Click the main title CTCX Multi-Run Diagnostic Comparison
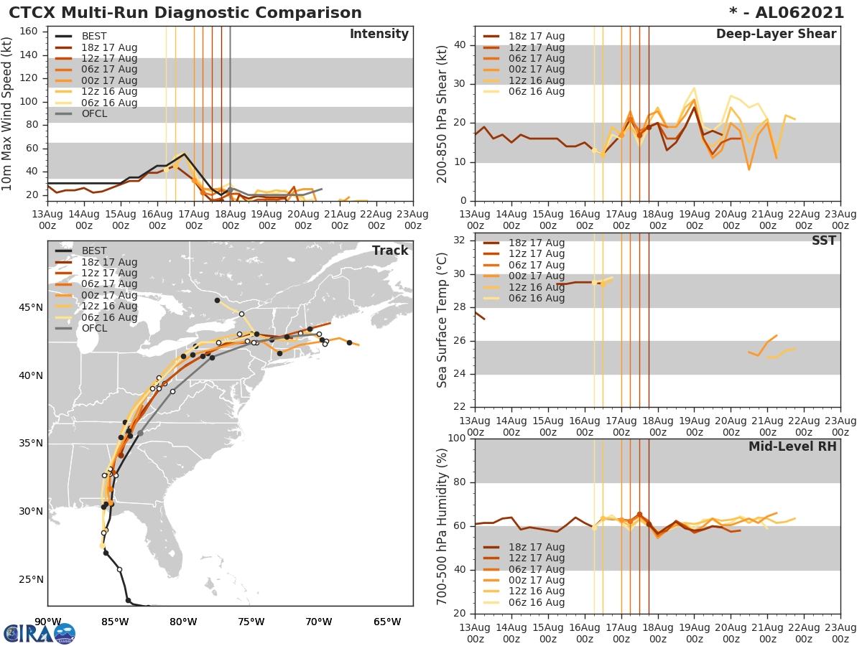(x=185, y=13)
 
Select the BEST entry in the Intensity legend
(x=94, y=37)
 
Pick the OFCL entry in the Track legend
(x=94, y=328)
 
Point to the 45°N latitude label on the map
(x=30, y=308)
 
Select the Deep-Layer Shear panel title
(x=776, y=34)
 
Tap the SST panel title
(x=823, y=241)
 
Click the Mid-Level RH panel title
(x=792, y=447)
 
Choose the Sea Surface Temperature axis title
(x=442, y=321)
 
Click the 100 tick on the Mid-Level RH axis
(x=457, y=439)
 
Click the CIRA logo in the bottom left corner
(x=40, y=633)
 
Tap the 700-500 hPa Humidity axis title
(x=442, y=526)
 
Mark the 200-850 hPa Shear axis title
(x=442, y=113)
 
